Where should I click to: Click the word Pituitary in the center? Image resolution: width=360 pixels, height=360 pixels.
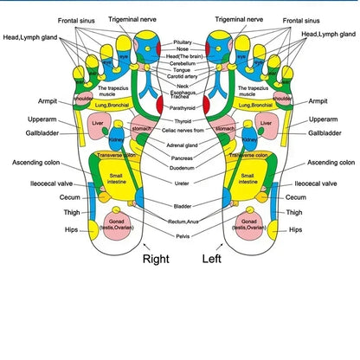[x=183, y=42]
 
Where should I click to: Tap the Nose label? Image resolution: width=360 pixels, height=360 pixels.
[x=183, y=49]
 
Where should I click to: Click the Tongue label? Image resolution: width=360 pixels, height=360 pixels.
[x=183, y=70]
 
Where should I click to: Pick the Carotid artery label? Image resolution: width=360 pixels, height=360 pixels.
[x=183, y=77]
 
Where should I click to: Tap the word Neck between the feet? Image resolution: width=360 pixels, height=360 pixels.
[x=183, y=87]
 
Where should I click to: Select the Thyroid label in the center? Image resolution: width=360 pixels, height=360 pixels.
[x=183, y=122]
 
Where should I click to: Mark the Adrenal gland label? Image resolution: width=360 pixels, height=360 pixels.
[x=183, y=145]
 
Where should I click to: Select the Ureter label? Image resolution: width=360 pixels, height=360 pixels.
[x=183, y=183]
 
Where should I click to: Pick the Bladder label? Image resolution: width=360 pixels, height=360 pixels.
[x=183, y=207]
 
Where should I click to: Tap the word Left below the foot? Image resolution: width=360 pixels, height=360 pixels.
[x=213, y=258]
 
